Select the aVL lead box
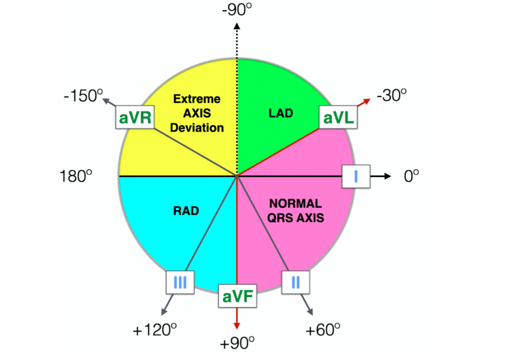pos(338,118)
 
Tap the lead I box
pos(355,176)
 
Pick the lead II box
pos(295,282)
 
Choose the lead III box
pos(180,283)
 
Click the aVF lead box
pos(237,296)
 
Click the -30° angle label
pos(392,94)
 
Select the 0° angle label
pos(411,176)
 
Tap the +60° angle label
pos(322,329)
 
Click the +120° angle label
pos(154,329)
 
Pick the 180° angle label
pos(77,176)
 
